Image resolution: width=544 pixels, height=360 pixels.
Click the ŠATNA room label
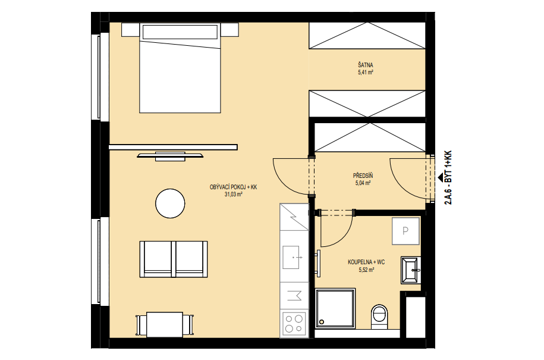coord(366,65)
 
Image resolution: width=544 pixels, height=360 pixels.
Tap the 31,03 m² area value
coord(233,195)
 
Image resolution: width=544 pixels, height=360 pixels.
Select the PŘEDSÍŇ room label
coord(363,176)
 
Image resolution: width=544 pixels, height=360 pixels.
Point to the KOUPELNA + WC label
coord(366,262)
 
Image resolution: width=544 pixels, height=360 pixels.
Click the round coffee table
coord(170,204)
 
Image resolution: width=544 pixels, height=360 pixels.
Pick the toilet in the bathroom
coord(380,316)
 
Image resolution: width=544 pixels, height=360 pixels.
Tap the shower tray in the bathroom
coord(335,308)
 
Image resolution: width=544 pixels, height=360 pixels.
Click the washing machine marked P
coord(405,231)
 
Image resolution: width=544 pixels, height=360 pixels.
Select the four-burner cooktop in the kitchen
coord(294,324)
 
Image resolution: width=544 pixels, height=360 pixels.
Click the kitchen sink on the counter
coord(291,257)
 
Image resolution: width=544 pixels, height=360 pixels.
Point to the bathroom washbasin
coord(411,270)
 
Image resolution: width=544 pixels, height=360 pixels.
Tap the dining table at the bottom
coord(165,324)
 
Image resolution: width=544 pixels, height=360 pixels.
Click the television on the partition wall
coord(170,156)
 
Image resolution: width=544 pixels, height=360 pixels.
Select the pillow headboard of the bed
coord(180,32)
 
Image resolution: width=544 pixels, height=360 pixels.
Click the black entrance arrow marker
coord(441,177)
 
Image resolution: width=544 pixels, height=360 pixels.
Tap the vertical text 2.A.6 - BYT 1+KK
coord(448,177)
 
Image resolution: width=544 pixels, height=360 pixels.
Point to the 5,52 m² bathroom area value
coord(366,270)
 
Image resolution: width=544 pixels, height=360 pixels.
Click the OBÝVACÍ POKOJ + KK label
coord(233,187)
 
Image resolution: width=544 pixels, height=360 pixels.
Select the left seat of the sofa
coord(156,259)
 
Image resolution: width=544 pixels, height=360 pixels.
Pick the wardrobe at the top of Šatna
coord(367,36)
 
